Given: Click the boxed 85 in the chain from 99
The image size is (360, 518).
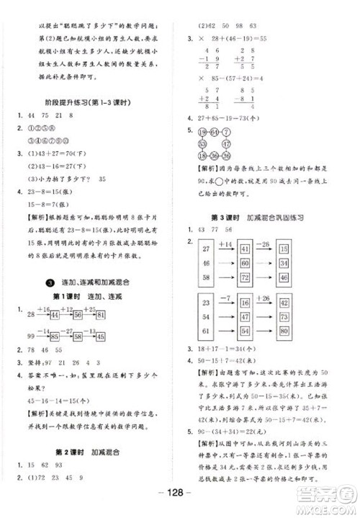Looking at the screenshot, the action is click(x=54, y=336).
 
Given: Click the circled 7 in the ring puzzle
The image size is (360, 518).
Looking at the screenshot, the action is click(x=226, y=133).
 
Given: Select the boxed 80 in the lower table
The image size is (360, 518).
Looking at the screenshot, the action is click(x=283, y=331).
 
